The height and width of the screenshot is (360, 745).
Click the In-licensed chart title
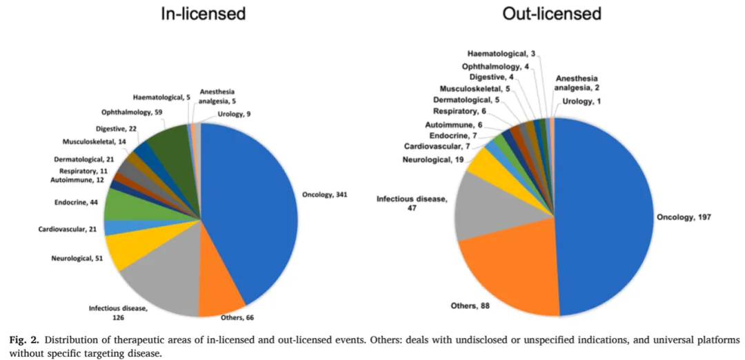(x=203, y=14)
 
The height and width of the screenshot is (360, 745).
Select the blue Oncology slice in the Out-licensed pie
(x=607, y=214)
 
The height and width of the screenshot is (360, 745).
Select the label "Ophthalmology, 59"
(x=132, y=112)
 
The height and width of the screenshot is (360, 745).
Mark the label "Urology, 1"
(x=582, y=101)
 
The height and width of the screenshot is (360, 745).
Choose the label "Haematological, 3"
(x=501, y=53)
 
